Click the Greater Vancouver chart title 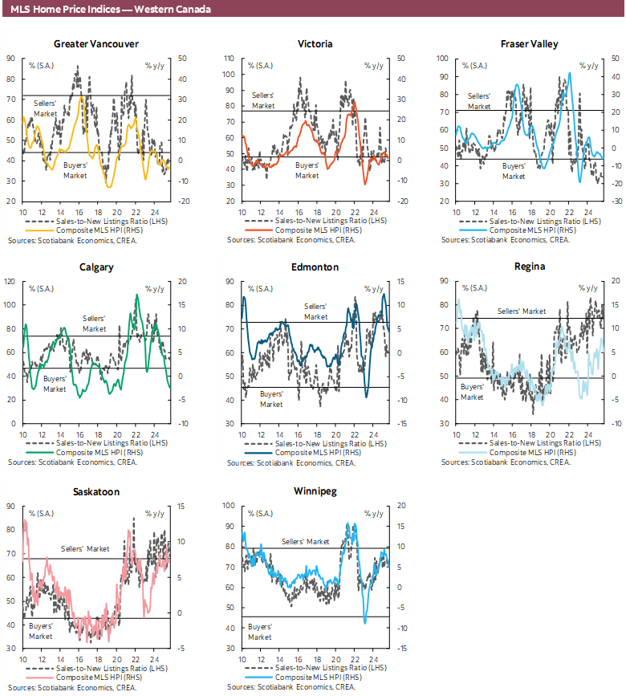tap(96, 43)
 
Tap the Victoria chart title tap(315, 43)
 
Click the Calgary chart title tap(96, 267)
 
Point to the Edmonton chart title tap(315, 267)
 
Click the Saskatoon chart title tap(96, 491)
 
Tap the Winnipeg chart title tap(315, 491)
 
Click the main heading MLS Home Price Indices tap(112, 9)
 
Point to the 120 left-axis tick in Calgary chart tap(11, 282)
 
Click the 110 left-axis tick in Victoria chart tap(230, 59)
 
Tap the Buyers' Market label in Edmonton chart tap(271, 398)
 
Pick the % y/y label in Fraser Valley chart tap(592, 65)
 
